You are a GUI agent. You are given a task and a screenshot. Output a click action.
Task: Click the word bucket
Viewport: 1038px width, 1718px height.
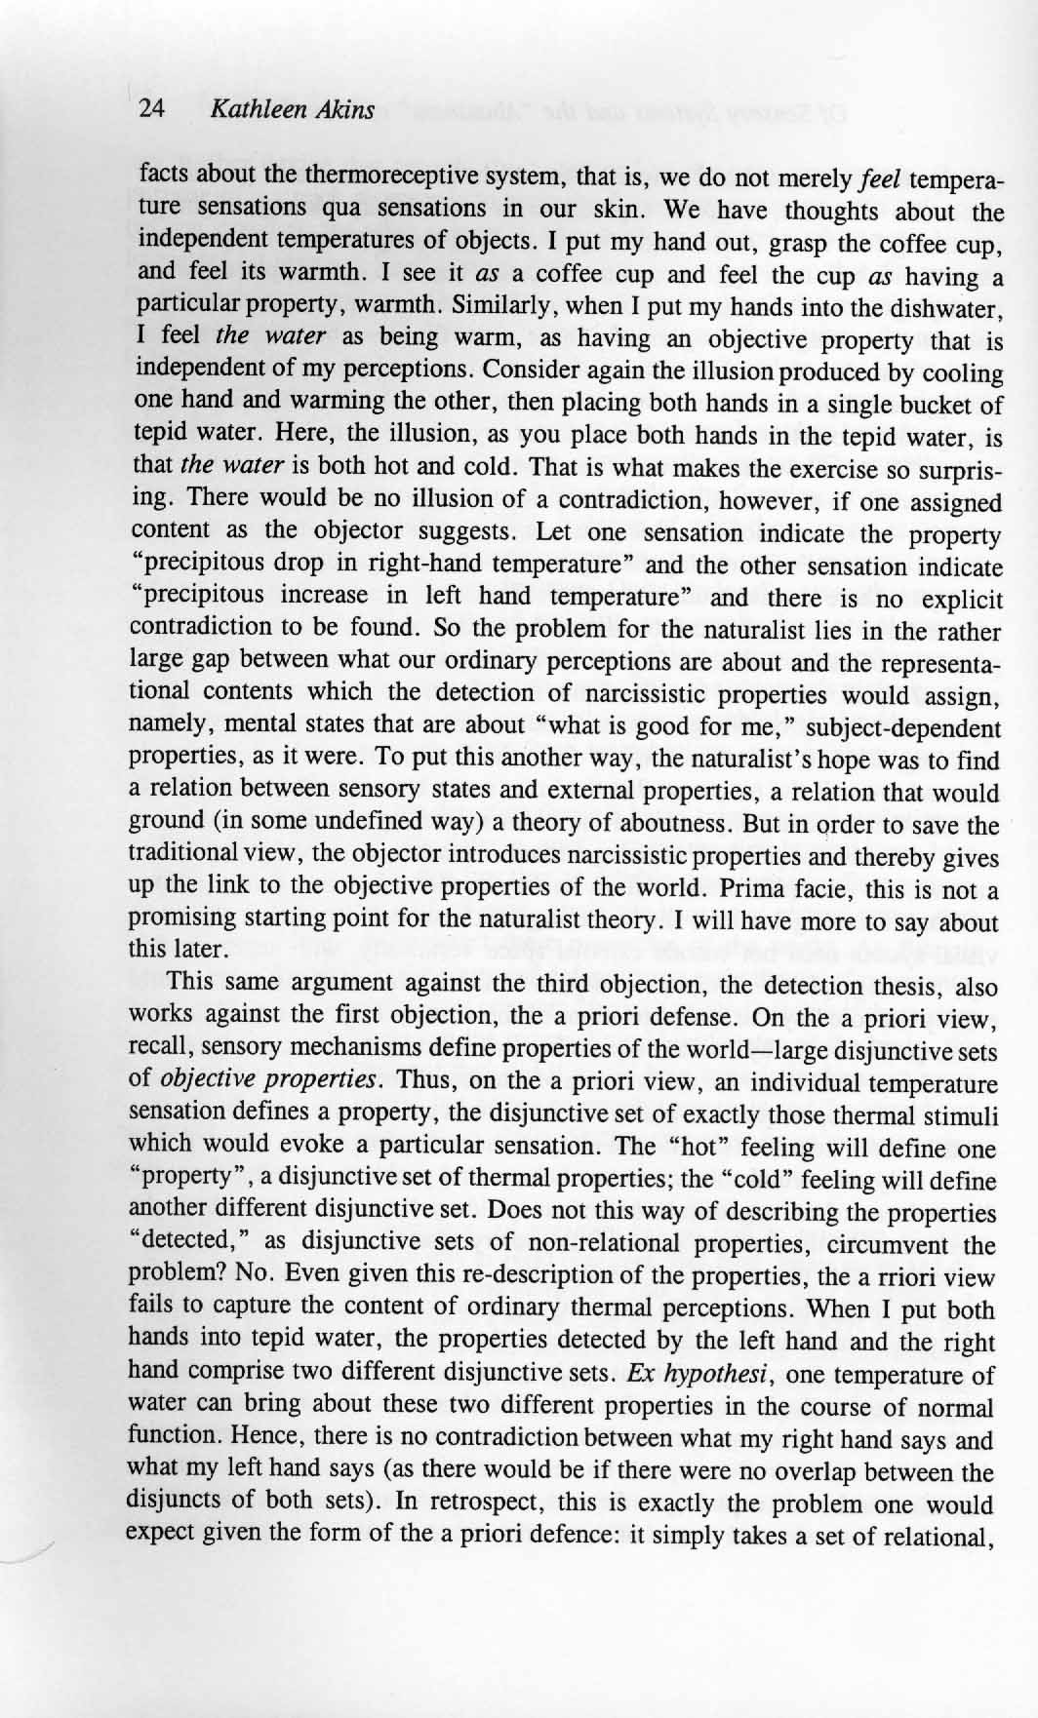tap(946, 405)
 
